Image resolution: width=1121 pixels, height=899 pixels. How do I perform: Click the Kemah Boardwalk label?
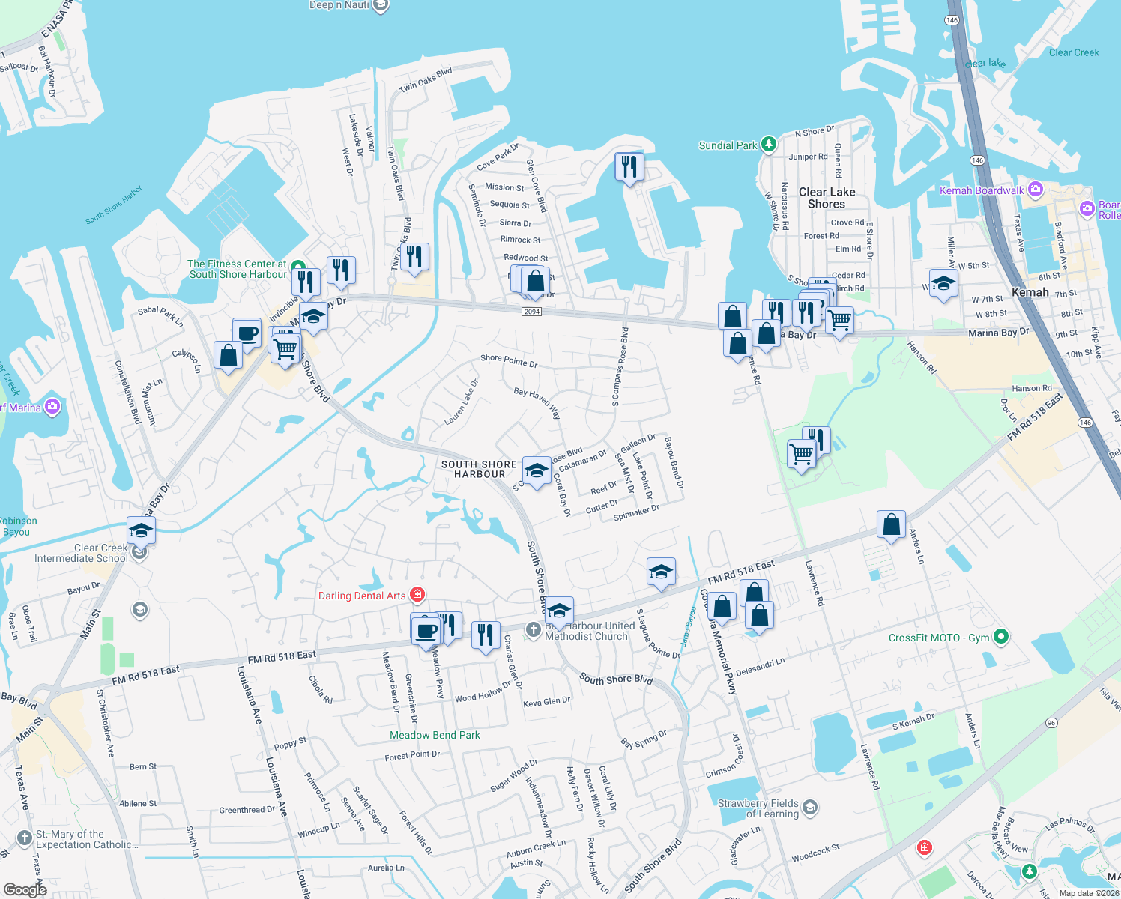[x=982, y=190]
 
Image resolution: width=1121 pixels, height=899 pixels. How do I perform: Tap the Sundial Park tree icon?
[x=768, y=145]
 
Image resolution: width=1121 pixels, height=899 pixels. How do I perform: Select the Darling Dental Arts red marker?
[x=418, y=596]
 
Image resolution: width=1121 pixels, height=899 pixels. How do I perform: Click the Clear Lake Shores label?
[x=827, y=198]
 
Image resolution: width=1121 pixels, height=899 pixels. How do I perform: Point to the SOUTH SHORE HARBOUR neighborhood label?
[x=479, y=469]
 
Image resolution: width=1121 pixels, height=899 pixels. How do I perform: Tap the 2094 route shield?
[x=532, y=312]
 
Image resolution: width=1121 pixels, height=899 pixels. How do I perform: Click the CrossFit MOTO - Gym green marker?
[x=1000, y=638]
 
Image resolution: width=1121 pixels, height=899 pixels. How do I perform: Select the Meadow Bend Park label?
[x=435, y=735]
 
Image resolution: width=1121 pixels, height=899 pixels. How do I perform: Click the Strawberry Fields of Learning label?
[x=758, y=808]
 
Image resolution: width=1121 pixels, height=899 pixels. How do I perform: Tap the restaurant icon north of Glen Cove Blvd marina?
[x=629, y=166]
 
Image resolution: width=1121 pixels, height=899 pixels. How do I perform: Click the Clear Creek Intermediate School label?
[x=81, y=553]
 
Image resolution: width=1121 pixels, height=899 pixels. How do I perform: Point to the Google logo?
[x=25, y=890]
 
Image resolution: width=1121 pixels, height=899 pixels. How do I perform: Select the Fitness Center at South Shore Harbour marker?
[x=297, y=267]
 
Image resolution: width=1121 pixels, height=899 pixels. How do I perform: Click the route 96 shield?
[x=1051, y=723]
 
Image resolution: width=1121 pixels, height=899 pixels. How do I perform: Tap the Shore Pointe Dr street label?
[x=509, y=361]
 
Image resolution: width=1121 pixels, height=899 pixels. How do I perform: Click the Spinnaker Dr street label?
[x=636, y=513]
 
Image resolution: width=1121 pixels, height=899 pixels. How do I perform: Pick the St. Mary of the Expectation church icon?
[x=25, y=838]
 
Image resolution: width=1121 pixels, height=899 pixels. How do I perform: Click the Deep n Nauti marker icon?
[x=381, y=6]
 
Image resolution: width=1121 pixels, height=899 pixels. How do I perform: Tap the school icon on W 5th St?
[x=943, y=284]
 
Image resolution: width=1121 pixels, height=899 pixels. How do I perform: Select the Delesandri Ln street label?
[x=760, y=666]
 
